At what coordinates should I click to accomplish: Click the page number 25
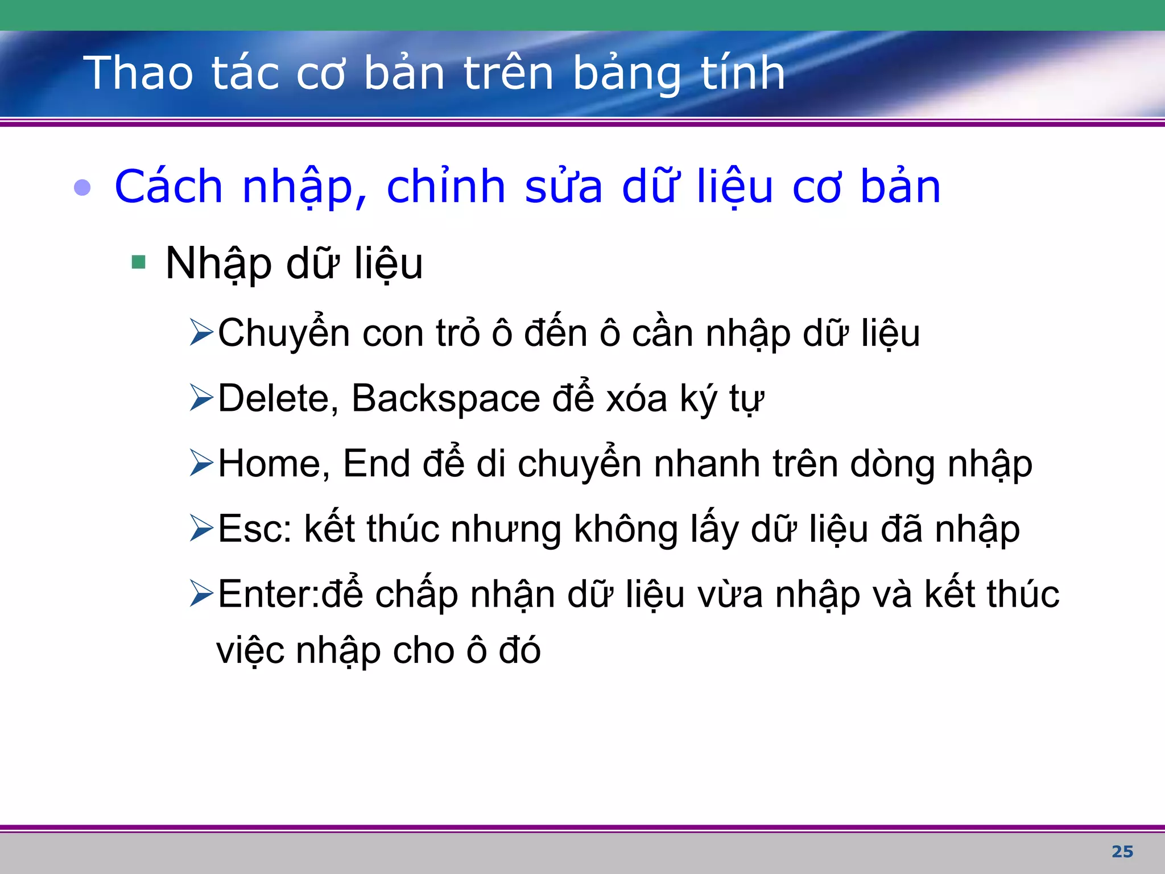coord(1122,851)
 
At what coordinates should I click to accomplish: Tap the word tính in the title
coord(742,74)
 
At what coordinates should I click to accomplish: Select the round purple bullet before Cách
coord(82,187)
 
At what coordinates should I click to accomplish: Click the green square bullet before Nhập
coord(138,262)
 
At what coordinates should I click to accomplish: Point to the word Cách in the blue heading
coord(168,187)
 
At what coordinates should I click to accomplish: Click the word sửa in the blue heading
coord(563,187)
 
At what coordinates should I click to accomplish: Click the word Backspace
coord(445,398)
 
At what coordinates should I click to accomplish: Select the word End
coord(376,464)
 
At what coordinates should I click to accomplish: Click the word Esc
coord(254,529)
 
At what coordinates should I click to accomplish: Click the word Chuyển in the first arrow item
coord(283,333)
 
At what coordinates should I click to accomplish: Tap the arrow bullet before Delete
coord(201,398)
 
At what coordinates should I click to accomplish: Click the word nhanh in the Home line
coord(707,464)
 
